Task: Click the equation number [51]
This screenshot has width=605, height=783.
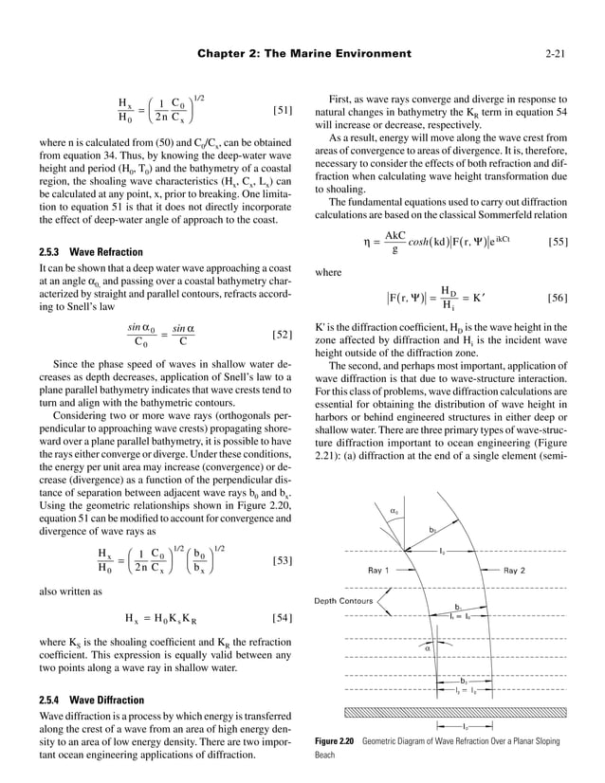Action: point(282,112)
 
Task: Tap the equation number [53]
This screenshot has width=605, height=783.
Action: point(282,561)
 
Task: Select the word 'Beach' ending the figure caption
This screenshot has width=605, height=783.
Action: point(327,757)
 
